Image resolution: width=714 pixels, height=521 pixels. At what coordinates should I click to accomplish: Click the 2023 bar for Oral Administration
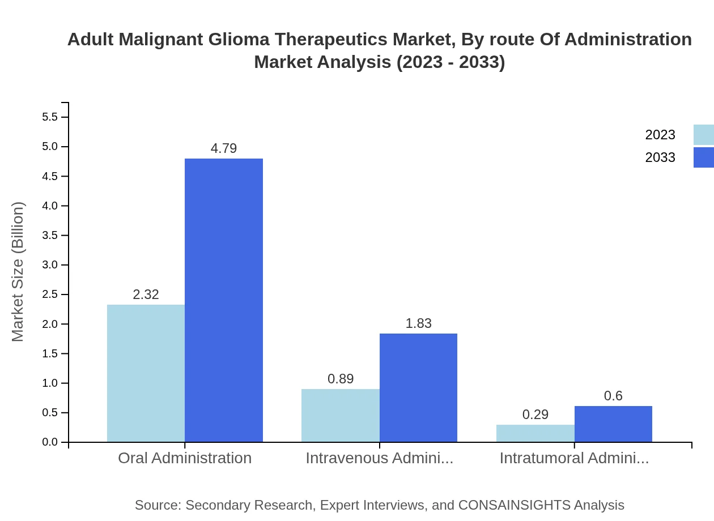coord(146,373)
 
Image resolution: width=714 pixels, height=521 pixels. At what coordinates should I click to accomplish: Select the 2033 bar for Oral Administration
coord(224,300)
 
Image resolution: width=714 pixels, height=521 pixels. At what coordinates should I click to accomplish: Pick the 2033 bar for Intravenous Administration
coord(418,387)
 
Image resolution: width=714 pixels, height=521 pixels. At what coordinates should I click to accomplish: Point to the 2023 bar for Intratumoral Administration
coord(535,433)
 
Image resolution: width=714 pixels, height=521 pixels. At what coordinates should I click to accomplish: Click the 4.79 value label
coord(224,148)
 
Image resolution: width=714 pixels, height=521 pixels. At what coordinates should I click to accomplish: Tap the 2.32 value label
coord(146,294)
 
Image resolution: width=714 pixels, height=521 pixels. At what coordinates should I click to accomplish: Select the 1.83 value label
coord(418,323)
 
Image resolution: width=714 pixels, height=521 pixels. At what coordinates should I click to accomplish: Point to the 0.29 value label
coord(535,415)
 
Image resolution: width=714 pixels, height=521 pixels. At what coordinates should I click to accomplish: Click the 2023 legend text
coord(660,135)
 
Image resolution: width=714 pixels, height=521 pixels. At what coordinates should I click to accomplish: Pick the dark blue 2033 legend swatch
coord(703,157)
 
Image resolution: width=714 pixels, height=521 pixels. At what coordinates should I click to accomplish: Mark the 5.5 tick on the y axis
coord(50,117)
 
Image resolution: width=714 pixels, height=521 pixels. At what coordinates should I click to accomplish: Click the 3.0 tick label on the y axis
coord(50,265)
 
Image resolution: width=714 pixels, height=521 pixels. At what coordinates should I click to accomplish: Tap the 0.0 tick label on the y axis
coord(50,442)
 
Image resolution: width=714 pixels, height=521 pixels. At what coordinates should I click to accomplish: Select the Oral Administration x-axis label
coord(185,458)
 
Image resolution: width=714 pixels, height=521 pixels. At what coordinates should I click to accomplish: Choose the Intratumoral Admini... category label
coord(574,458)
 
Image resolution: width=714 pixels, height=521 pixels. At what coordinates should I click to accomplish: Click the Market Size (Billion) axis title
coord(18,272)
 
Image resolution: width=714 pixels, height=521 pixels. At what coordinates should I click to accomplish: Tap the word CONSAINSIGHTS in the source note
coord(513,505)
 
